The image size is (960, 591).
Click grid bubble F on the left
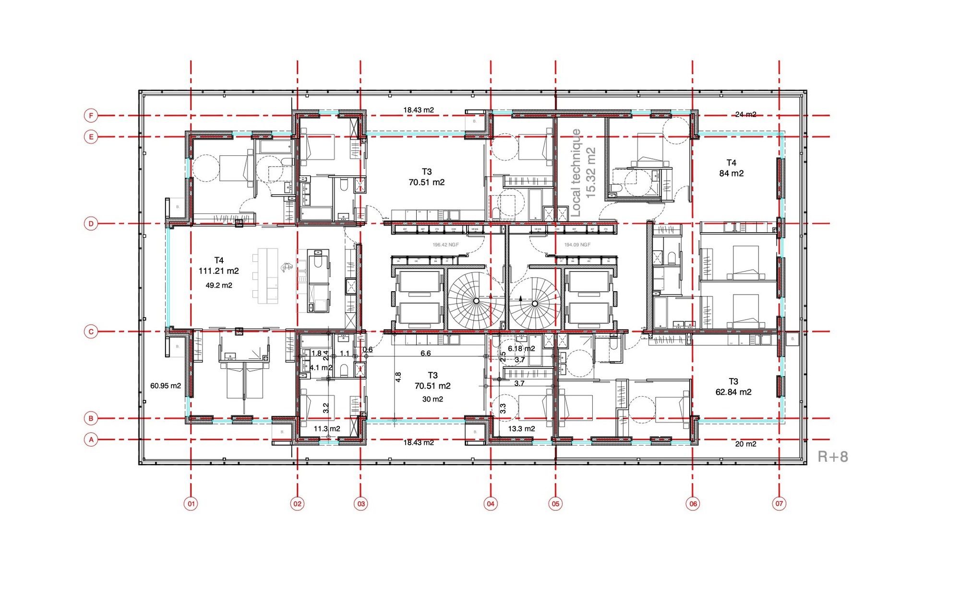91,116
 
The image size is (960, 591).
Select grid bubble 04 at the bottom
491,504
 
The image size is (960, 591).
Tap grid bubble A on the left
91,439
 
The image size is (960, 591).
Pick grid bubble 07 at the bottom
779,504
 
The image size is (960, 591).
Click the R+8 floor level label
833,457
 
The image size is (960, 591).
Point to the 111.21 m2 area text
219,271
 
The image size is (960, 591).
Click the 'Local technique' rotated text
576,173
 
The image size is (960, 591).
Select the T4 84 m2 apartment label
731,168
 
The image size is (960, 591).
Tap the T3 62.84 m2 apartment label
733,387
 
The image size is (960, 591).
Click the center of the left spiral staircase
476,301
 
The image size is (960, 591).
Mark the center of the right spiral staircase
535,304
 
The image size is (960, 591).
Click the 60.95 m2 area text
166,386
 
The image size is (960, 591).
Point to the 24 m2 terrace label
745,114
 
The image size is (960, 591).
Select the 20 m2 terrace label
745,444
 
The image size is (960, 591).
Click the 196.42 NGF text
445,245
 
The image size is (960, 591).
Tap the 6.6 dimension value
426,354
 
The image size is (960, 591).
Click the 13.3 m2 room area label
521,428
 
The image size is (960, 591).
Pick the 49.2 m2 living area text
219,285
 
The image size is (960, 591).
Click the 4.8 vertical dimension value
398,377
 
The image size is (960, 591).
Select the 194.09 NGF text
577,245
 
